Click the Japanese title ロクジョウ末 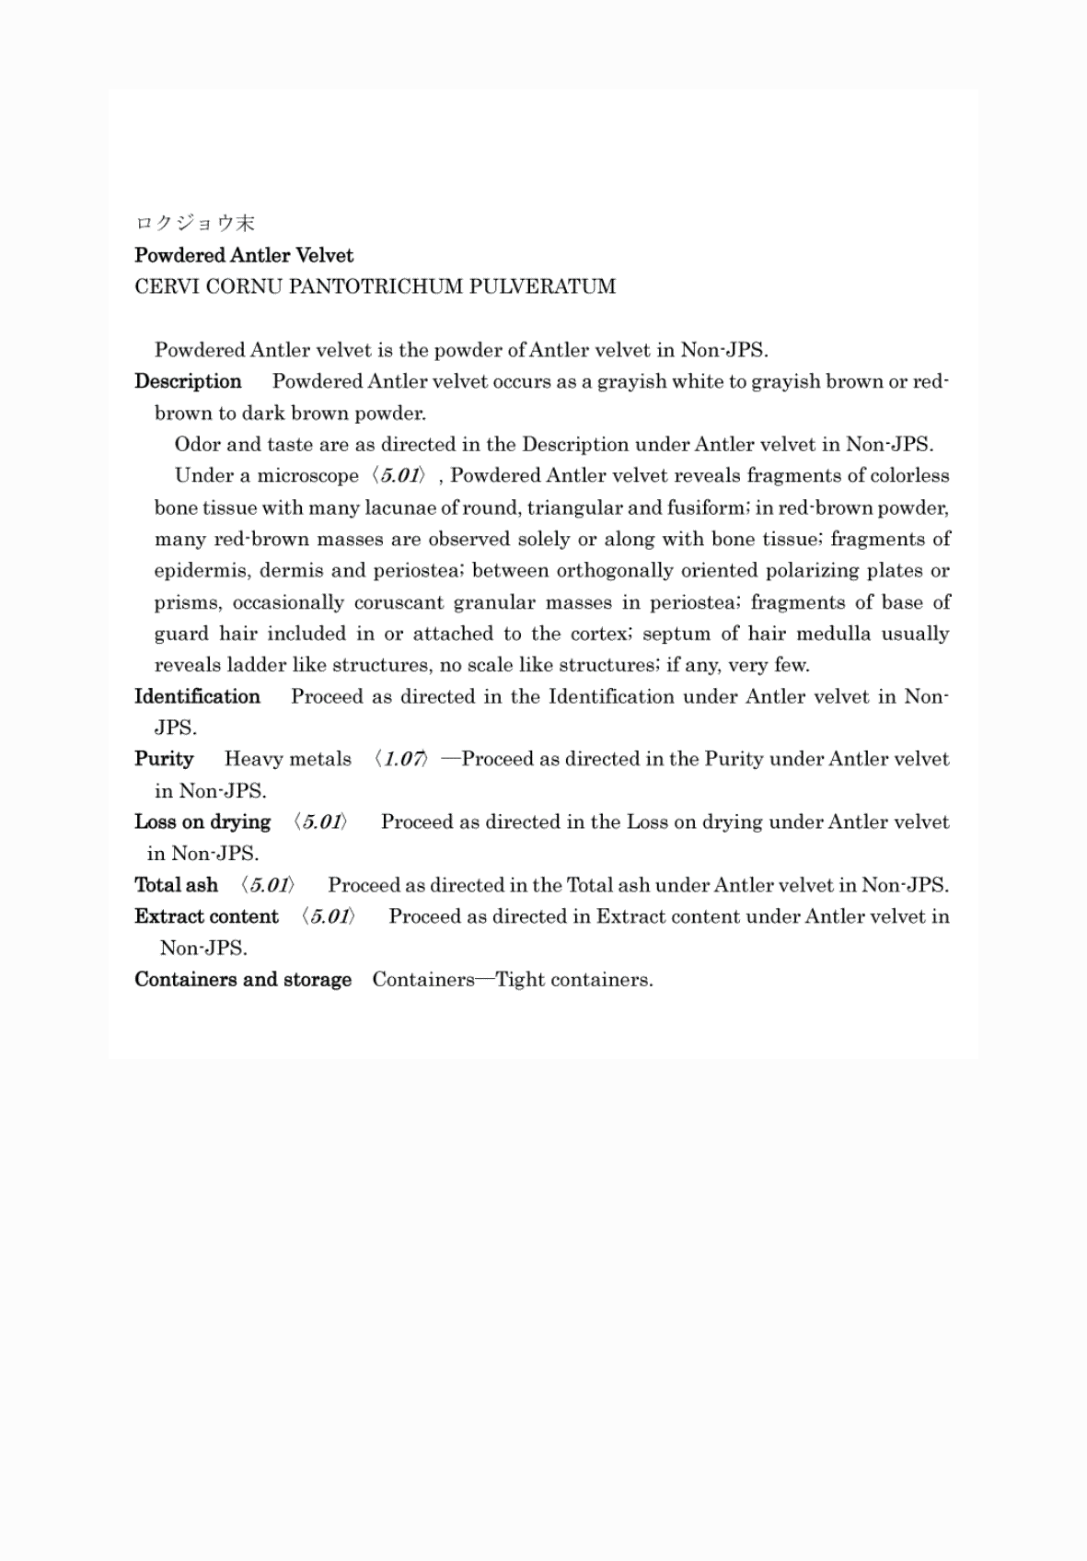coord(194,223)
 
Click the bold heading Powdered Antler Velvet coord(244,255)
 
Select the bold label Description coord(188,381)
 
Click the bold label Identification coord(197,696)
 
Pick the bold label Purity coord(164,759)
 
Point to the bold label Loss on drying coord(202,821)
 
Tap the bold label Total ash coord(176,885)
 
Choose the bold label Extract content coord(206,916)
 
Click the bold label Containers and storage coord(243,979)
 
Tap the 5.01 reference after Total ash coord(268,885)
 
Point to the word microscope coord(307,476)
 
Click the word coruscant coord(399,602)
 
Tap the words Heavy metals coord(288,759)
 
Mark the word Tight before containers coord(520,979)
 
